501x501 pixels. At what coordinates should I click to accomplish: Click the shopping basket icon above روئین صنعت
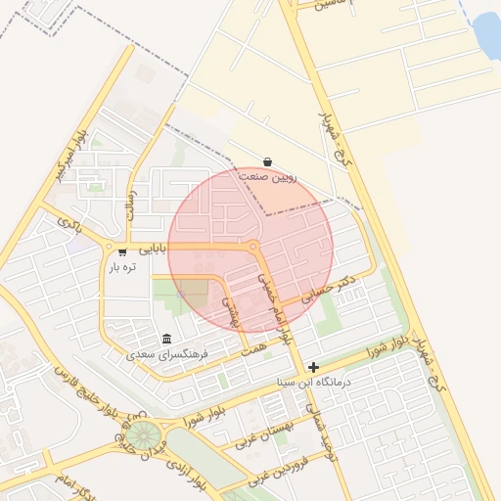click(268, 162)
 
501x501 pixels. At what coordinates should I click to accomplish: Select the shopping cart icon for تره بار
click(122, 250)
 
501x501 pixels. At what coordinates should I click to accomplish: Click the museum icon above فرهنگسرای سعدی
click(166, 339)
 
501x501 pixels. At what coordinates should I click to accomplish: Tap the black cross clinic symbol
click(313, 366)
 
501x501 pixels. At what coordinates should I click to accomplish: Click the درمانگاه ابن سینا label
click(320, 381)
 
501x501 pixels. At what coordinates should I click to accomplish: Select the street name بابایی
click(153, 249)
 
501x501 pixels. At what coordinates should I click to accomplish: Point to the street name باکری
click(68, 224)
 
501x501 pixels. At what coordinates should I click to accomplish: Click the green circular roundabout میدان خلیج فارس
click(145, 433)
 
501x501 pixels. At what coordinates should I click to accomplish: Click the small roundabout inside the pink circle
click(253, 247)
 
